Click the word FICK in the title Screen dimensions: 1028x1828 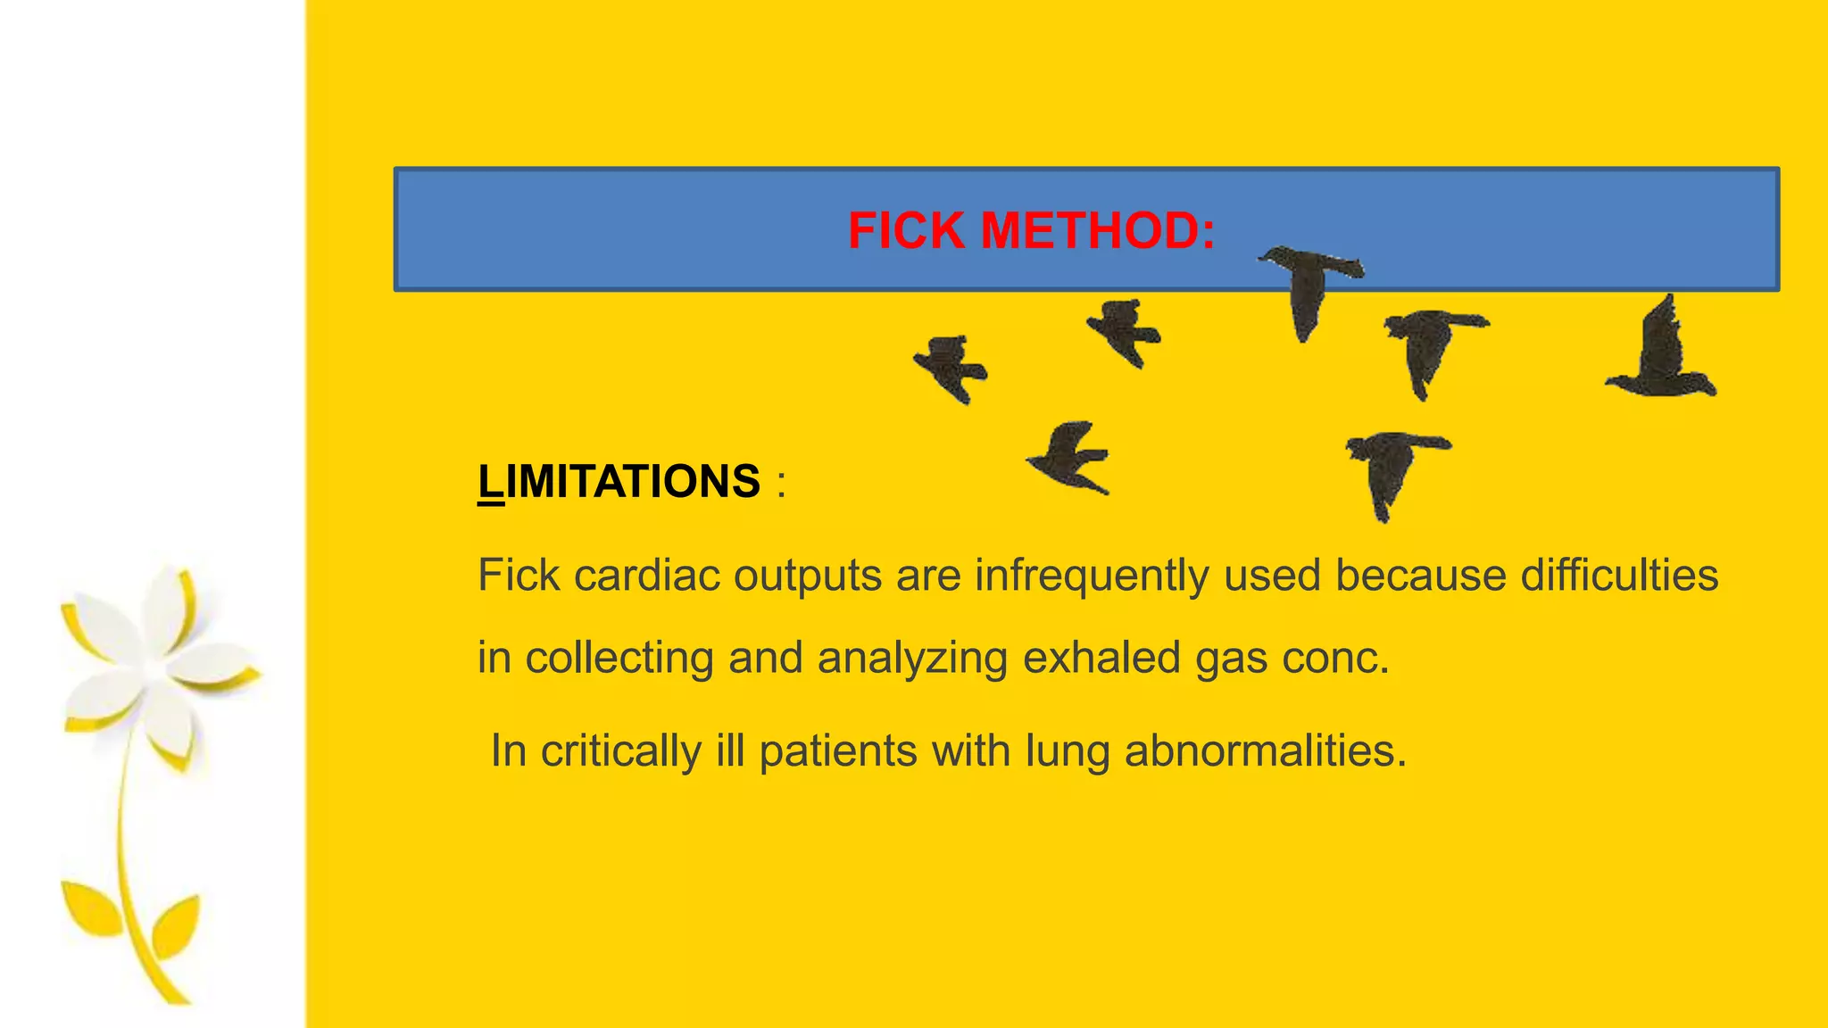(906, 230)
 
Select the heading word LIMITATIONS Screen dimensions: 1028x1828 (619, 482)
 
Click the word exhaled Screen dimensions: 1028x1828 (1101, 658)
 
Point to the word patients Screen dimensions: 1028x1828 (837, 750)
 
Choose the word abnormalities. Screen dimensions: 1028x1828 (1265, 750)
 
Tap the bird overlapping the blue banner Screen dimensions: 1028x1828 (1309, 286)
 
